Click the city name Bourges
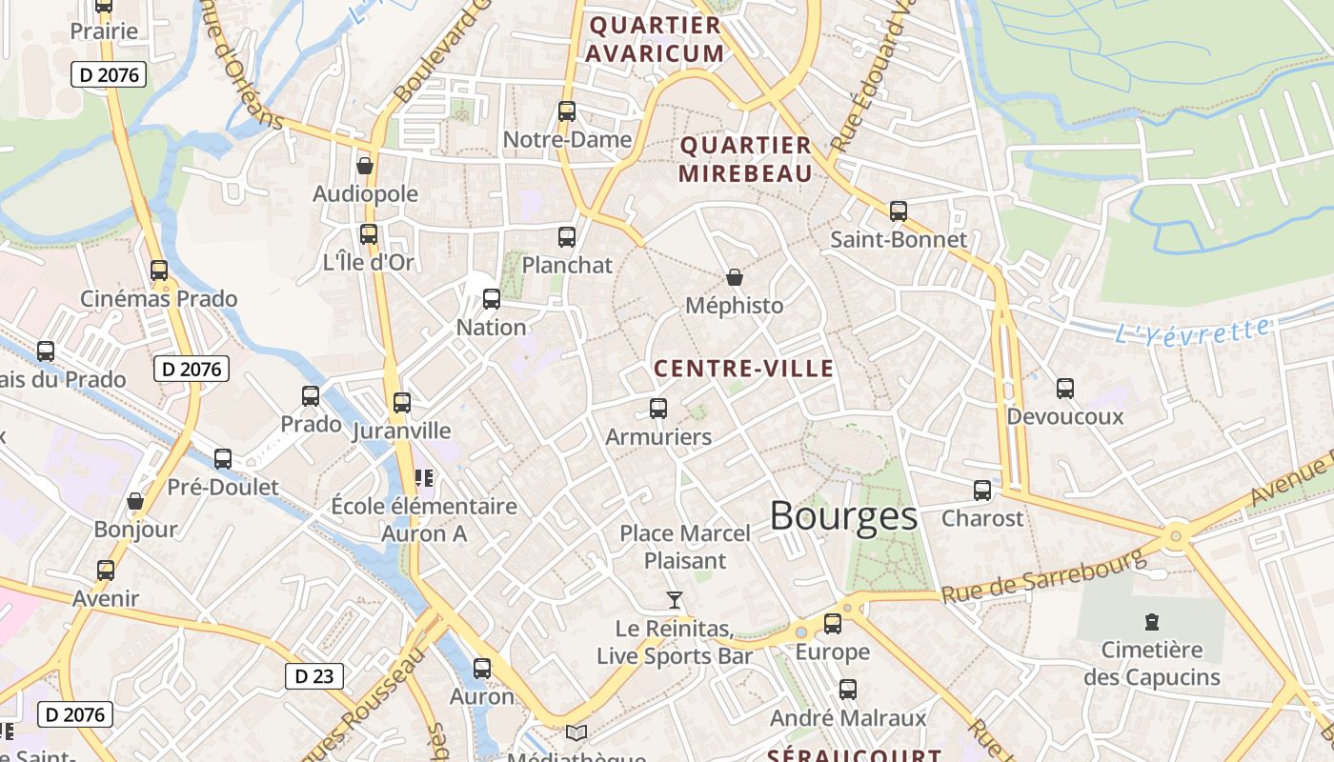(843, 516)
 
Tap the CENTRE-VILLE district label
(743, 370)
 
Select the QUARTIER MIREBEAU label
(745, 159)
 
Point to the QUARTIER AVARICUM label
(655, 39)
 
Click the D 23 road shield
(313, 676)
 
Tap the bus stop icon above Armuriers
(658, 409)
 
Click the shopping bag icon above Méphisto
(735, 277)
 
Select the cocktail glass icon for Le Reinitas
(675, 599)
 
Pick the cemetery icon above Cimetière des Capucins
(1152, 622)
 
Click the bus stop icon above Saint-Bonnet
(899, 211)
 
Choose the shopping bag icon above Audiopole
(365, 166)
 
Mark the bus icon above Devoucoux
(1065, 388)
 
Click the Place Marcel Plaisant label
(685, 547)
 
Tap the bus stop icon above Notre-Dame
(567, 110)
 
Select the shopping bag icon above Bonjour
(135, 501)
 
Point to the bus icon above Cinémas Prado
(159, 270)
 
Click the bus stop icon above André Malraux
(848, 689)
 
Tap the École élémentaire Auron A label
(424, 520)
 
